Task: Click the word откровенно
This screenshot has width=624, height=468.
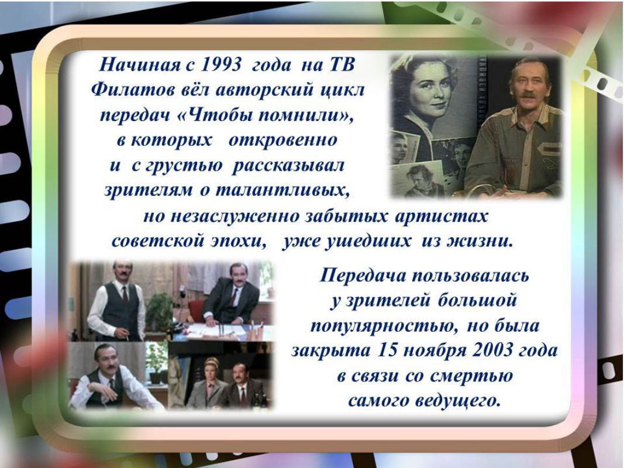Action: point(283,140)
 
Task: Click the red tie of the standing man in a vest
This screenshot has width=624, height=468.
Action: point(125,295)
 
